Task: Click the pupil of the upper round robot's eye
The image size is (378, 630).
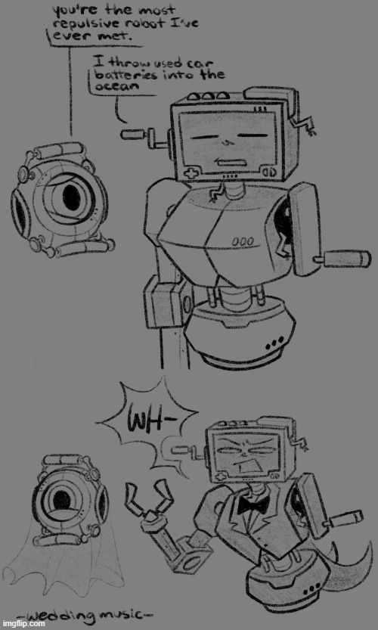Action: [71, 197]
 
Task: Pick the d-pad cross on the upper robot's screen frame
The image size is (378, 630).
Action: [187, 174]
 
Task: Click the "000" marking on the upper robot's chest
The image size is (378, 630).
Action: [242, 242]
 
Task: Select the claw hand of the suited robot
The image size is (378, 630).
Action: [150, 498]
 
